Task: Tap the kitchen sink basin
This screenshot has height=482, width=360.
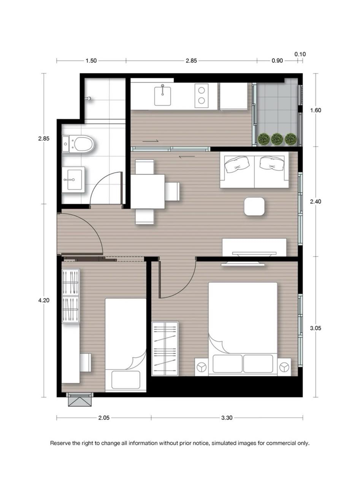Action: pyautogui.click(x=162, y=96)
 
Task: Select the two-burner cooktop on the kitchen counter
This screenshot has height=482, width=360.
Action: pyautogui.click(x=201, y=95)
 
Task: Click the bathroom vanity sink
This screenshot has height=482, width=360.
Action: pyautogui.click(x=73, y=180)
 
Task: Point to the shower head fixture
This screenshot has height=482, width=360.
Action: pyautogui.click(x=89, y=98)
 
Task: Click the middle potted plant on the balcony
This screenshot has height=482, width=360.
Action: pyautogui.click(x=277, y=139)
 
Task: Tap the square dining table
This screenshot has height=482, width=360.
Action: pyautogui.click(x=147, y=191)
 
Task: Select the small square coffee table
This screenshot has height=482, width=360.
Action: pyautogui.click(x=254, y=206)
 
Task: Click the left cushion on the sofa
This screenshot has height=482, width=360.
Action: pyautogui.click(x=238, y=164)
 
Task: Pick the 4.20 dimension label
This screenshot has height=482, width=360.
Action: pyautogui.click(x=44, y=300)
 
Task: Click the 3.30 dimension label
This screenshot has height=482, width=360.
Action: pyautogui.click(x=227, y=417)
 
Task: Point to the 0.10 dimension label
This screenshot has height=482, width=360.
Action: pyautogui.click(x=300, y=54)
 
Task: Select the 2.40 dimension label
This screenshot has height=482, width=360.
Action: pyautogui.click(x=316, y=201)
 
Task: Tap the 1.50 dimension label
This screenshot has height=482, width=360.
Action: pyautogui.click(x=91, y=60)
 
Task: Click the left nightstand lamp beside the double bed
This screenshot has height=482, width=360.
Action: pyautogui.click(x=201, y=367)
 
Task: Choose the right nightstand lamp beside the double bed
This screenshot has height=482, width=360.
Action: pyautogui.click(x=284, y=367)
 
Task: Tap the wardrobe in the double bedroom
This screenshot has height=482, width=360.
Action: pyautogui.click(x=165, y=349)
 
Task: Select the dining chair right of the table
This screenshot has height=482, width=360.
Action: pyautogui.click(x=172, y=191)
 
